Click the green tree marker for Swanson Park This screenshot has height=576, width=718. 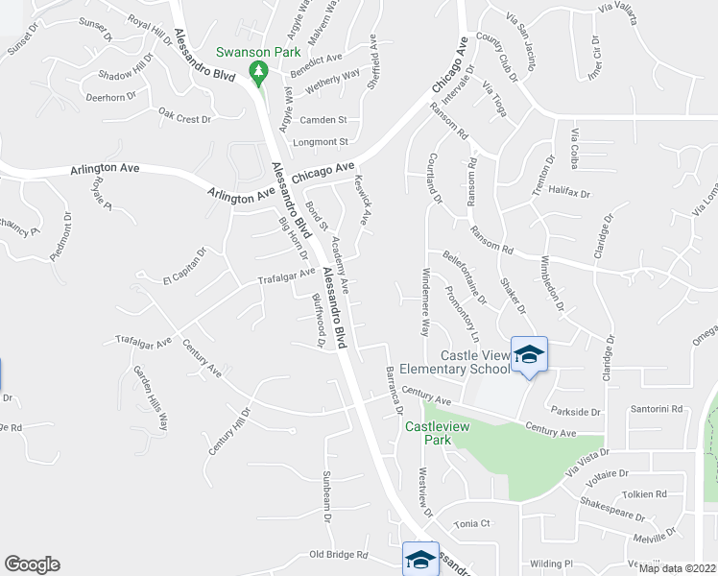(x=257, y=71)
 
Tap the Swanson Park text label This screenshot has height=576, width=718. (x=258, y=52)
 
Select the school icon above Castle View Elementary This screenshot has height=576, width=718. (x=528, y=354)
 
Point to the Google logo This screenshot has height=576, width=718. (x=32, y=564)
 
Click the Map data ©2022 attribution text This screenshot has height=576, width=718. (x=677, y=568)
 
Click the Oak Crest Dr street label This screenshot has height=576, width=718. (x=184, y=119)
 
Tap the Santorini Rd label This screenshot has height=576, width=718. (x=656, y=409)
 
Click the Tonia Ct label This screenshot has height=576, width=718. (x=472, y=524)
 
